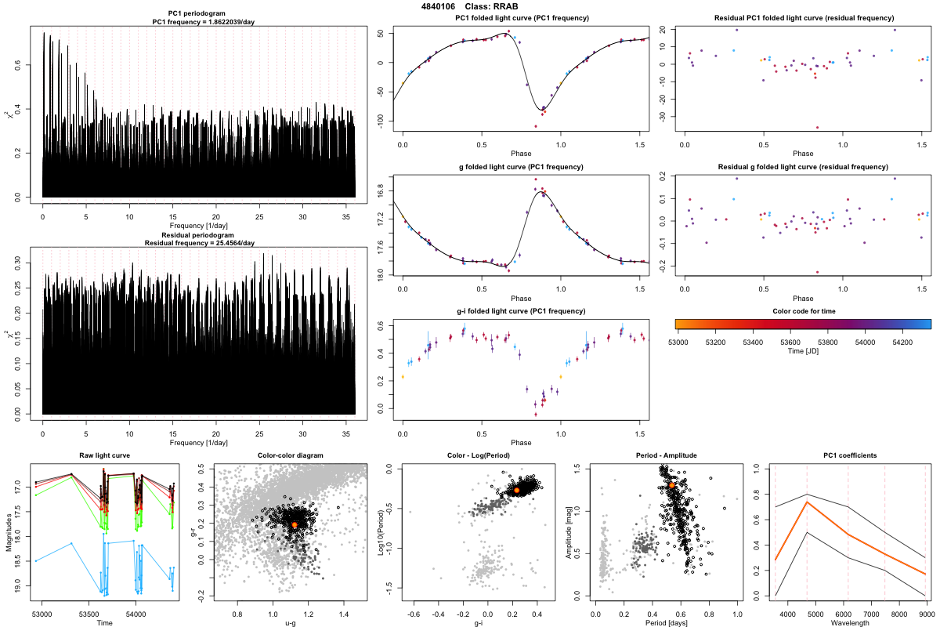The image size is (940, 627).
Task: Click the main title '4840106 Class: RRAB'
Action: [470, 6]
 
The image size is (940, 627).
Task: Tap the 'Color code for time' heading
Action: [803, 311]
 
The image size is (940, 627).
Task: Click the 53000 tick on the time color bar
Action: [678, 342]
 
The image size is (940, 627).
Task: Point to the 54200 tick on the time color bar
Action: [899, 342]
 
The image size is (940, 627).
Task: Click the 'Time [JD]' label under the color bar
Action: [803, 353]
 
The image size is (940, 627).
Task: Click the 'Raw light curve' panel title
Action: [104, 455]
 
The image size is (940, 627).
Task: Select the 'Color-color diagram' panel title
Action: [290, 455]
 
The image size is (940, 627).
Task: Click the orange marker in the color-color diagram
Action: [294, 524]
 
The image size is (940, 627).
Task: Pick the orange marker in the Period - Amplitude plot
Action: [671, 486]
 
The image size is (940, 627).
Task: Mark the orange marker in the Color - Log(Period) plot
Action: [517, 490]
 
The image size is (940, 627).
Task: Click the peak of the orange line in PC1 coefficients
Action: [807, 502]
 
